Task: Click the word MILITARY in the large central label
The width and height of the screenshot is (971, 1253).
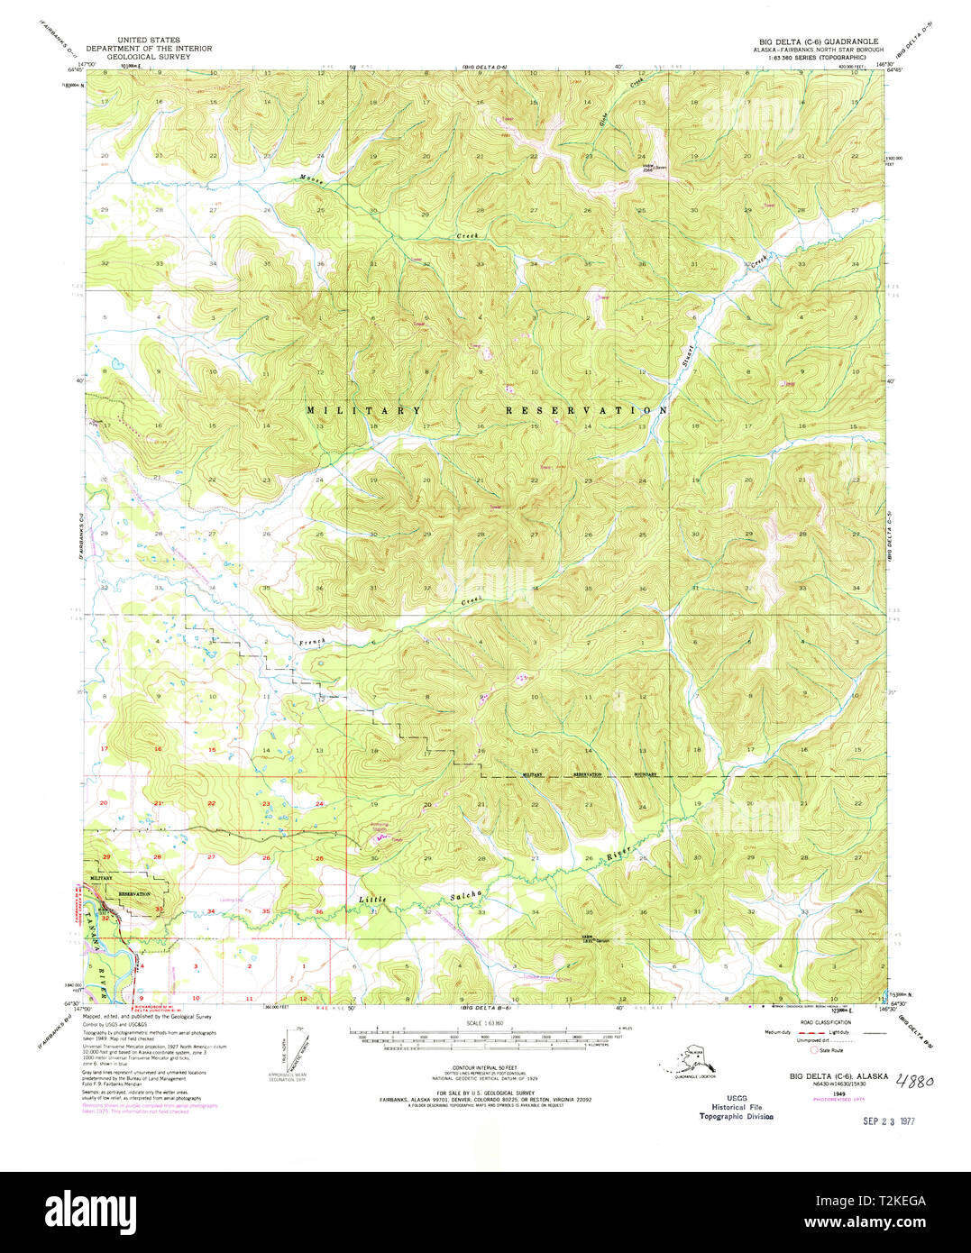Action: pos(363,411)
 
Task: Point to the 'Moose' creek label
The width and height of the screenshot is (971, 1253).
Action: pos(313,179)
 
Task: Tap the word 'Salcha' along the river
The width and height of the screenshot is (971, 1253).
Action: pos(466,896)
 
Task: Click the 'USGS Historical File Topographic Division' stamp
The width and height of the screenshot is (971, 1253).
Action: pos(736,1107)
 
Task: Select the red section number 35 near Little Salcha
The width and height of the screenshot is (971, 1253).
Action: pos(265,912)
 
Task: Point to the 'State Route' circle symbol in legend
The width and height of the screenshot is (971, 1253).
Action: pos(814,1049)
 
